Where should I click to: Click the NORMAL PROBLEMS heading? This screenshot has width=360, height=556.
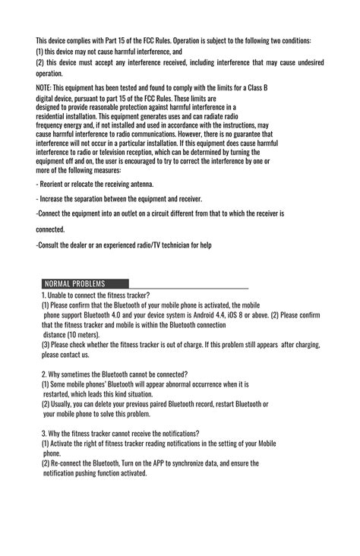coord(74,283)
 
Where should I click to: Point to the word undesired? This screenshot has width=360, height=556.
coord(306,62)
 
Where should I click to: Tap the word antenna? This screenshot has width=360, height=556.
coord(138,184)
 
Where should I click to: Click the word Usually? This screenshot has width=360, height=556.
coord(66,405)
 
